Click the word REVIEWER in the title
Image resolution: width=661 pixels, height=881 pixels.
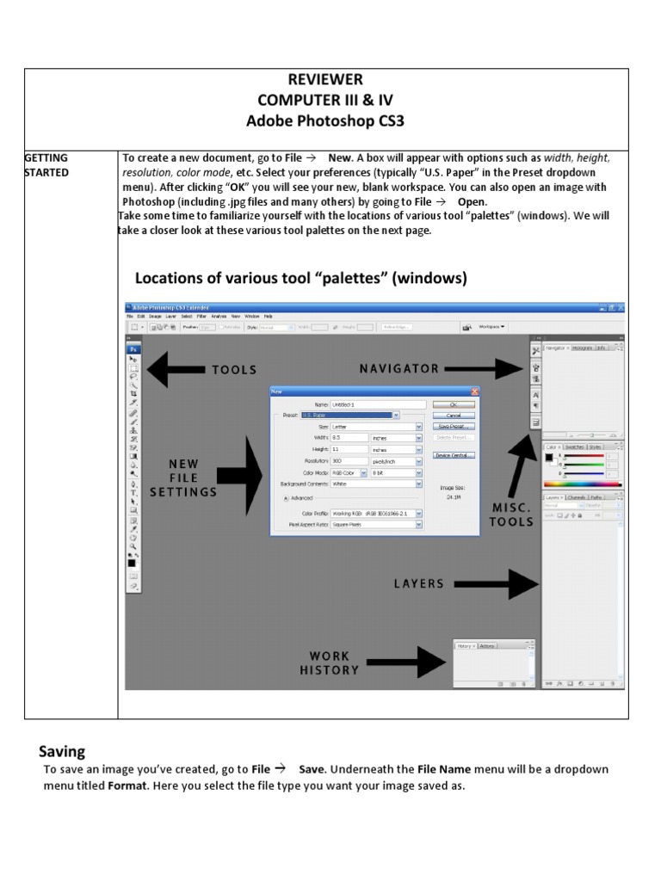click(x=325, y=80)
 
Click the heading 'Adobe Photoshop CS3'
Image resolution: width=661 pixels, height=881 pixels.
click(x=325, y=121)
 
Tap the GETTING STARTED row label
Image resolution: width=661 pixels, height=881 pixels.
click(x=46, y=165)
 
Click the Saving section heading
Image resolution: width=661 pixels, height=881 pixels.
click(x=62, y=751)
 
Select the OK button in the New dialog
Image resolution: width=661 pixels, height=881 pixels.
click(x=454, y=404)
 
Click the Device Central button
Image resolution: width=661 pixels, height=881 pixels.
click(x=454, y=455)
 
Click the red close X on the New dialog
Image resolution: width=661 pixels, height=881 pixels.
click(x=474, y=391)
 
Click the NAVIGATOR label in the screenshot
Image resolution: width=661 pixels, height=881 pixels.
click(x=399, y=369)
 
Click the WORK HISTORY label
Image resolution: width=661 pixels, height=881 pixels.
click(x=330, y=663)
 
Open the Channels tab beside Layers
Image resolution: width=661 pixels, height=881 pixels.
click(x=577, y=497)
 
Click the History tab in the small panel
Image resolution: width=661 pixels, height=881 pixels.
click(x=465, y=645)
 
